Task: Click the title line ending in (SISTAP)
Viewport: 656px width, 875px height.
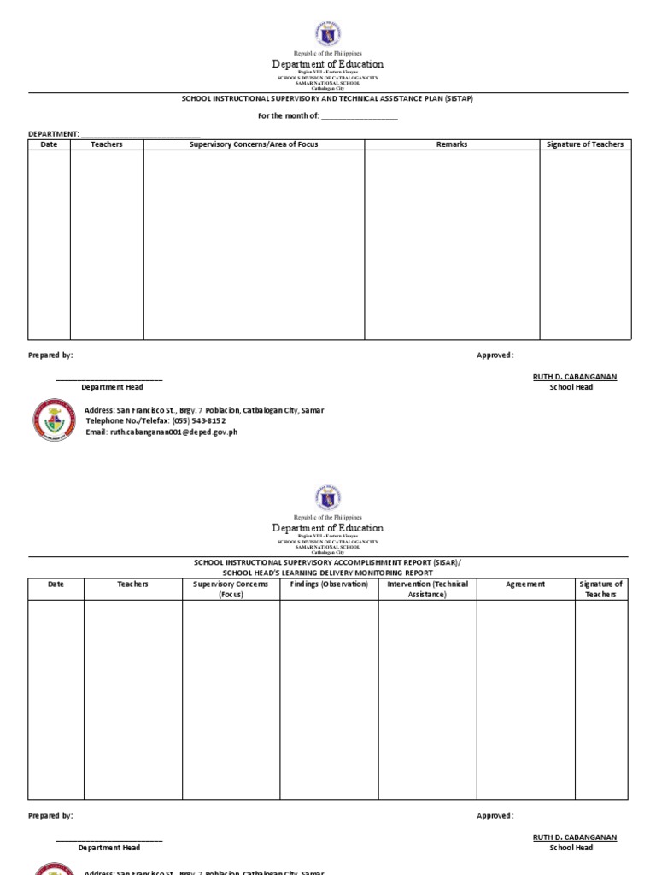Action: pos(327,98)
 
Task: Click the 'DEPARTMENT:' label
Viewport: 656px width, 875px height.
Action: pos(54,134)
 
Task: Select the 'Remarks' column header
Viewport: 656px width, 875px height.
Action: pos(452,144)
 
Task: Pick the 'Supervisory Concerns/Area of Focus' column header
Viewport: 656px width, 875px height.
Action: pos(254,144)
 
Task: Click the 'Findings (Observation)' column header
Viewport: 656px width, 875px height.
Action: pos(329,584)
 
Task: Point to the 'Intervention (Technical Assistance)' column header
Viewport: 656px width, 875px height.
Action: pos(427,589)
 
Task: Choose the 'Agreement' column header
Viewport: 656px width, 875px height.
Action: pos(525,584)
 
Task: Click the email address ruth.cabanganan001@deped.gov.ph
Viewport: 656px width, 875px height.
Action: pos(173,432)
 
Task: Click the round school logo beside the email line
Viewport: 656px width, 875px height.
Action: pos(55,420)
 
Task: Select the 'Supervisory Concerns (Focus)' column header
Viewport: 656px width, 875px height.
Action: pos(231,589)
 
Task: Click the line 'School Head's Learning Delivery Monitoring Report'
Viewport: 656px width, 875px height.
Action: pos(327,573)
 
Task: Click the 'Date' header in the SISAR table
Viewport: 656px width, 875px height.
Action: pos(56,584)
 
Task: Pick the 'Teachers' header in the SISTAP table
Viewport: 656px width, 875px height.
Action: pos(107,144)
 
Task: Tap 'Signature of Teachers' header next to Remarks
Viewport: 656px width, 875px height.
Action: pos(585,144)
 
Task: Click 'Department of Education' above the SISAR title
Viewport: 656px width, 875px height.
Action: pos(328,528)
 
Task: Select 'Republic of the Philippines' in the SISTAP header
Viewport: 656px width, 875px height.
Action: pos(328,53)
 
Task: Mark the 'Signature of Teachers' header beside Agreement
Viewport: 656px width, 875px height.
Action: pos(601,589)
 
